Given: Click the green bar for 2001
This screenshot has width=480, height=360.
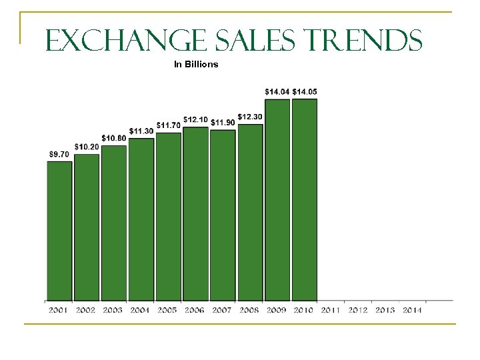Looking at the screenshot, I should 59,231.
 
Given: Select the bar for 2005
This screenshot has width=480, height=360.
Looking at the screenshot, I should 169,217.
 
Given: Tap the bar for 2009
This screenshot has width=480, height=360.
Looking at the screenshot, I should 277,200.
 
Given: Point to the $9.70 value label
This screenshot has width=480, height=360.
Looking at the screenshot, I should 59,154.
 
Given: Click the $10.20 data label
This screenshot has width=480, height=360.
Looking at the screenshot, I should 87,147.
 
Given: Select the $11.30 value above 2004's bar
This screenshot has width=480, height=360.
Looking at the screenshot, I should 141,131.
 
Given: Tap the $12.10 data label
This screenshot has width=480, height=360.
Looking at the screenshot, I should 195,119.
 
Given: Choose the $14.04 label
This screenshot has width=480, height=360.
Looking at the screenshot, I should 277,91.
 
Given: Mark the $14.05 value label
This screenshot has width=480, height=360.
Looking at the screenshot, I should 305,91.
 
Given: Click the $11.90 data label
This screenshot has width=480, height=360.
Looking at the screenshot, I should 223,122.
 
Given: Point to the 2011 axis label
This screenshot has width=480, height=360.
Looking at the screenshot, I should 331,310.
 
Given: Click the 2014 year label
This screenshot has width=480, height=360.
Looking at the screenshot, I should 412,310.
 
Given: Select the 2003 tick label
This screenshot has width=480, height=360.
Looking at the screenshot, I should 113,310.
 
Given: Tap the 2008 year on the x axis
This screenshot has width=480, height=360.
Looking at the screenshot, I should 249,310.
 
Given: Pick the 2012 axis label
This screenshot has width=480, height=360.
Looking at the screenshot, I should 358,310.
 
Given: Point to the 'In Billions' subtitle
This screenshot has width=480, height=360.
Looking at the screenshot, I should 196,65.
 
